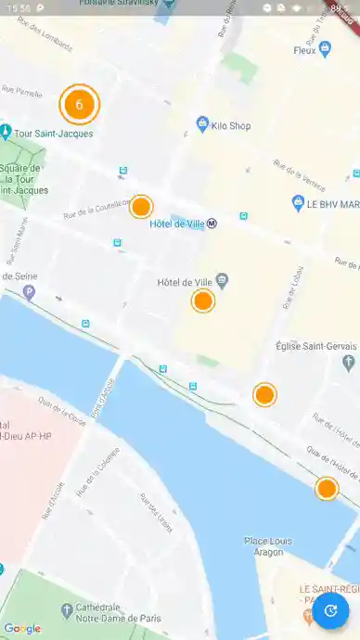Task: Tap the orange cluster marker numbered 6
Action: pyautogui.click(x=79, y=105)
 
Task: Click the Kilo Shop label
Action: pyautogui.click(x=231, y=125)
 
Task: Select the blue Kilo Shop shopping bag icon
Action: pyautogui.click(x=202, y=123)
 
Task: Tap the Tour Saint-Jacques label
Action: pyautogui.click(x=53, y=134)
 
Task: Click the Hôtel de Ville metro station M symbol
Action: pyautogui.click(x=212, y=223)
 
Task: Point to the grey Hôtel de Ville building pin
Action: pyautogui.click(x=222, y=279)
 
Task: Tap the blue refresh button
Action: pyautogui.click(x=329, y=610)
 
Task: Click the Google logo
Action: pyautogui.click(x=21, y=628)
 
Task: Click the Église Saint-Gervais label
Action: pyautogui.click(x=316, y=346)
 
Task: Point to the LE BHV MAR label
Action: pyautogui.click(x=332, y=204)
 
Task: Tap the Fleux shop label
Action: pyautogui.click(x=305, y=50)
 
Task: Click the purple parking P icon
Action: pyautogui.click(x=29, y=293)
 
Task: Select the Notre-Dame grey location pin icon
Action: pyautogui.click(x=65, y=610)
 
